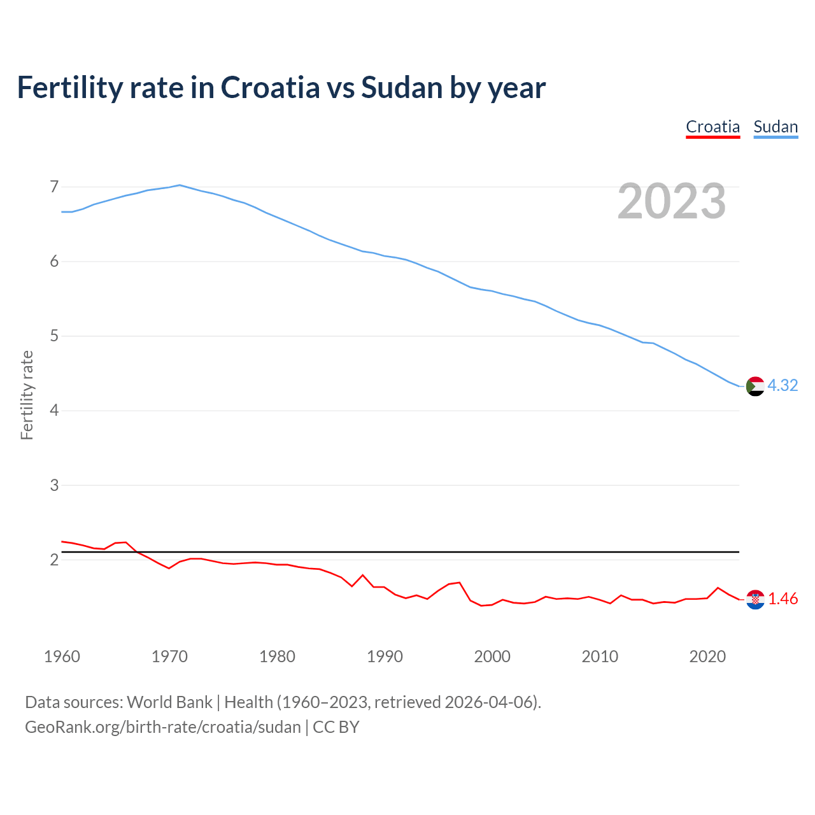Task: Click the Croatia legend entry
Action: pyautogui.click(x=712, y=127)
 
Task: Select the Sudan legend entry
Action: pyautogui.click(x=776, y=127)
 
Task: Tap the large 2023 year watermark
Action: pyautogui.click(x=672, y=201)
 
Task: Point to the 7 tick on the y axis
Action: pyautogui.click(x=54, y=187)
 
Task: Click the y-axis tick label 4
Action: pyautogui.click(x=54, y=410)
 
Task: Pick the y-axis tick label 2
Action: pyautogui.click(x=54, y=560)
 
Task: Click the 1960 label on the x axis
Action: pyautogui.click(x=62, y=656)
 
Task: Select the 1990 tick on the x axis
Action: pyautogui.click(x=385, y=656)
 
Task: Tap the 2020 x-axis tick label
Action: pyautogui.click(x=707, y=656)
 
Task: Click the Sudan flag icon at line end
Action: pyautogui.click(x=755, y=386)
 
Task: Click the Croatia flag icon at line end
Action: pyautogui.click(x=755, y=599)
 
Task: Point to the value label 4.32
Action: pyautogui.click(x=783, y=385)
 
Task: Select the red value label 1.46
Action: pyautogui.click(x=783, y=599)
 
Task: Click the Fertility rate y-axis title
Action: pyautogui.click(x=27, y=395)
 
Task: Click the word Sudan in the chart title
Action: pyautogui.click(x=401, y=87)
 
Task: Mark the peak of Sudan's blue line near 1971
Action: pyautogui.click(x=180, y=185)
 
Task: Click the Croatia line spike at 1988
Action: pyautogui.click(x=363, y=575)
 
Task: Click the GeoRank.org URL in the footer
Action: pyautogui.click(x=162, y=726)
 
